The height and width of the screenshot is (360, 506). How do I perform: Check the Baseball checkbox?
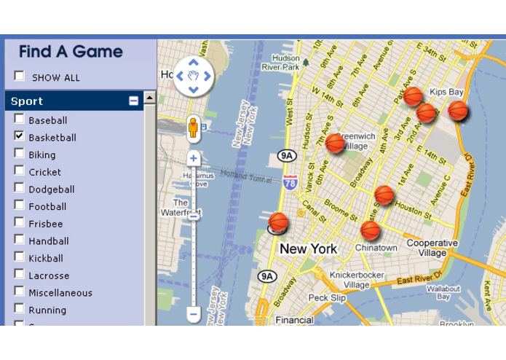point(20,120)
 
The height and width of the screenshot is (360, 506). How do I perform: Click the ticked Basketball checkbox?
point(20,136)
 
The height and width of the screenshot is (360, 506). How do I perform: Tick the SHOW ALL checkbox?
point(20,77)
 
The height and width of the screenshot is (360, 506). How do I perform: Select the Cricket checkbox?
point(20,171)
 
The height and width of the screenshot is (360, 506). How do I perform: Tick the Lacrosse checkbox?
point(20,275)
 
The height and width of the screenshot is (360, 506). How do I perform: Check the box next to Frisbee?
point(20,223)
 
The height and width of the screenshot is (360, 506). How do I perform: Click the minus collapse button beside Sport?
point(133,101)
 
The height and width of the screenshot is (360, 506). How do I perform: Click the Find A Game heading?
point(71,52)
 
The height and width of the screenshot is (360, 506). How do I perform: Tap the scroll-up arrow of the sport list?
point(149,98)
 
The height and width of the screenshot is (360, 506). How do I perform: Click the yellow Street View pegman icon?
point(193,128)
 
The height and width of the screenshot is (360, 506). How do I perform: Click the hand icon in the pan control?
point(193,75)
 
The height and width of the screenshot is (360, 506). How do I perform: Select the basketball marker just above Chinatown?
point(371,230)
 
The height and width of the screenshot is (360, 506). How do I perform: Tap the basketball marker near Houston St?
point(384,195)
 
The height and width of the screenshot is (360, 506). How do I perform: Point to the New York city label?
point(308,249)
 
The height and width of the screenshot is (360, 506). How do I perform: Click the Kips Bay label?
point(446,93)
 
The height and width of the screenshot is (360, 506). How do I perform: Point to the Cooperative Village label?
point(432,248)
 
